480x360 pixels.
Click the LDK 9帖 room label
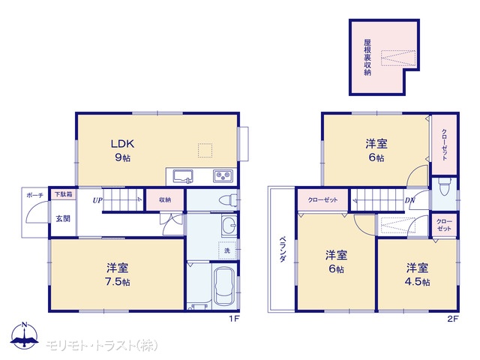click(x=122, y=150)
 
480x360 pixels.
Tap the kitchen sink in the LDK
click(x=183, y=176)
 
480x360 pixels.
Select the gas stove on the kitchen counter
click(x=223, y=176)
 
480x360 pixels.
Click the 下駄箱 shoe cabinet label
click(x=63, y=194)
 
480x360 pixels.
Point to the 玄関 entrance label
click(x=63, y=218)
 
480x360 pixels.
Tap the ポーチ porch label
click(x=35, y=195)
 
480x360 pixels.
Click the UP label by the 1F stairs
click(x=97, y=200)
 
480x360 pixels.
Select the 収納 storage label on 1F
click(x=165, y=200)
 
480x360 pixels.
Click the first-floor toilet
click(x=228, y=200)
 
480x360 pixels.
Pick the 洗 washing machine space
click(x=227, y=250)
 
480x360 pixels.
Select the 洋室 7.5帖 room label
click(x=118, y=274)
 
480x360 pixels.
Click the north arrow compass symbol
click(x=25, y=335)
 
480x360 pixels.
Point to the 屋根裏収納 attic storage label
click(x=367, y=57)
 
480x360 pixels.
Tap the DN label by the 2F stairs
click(x=410, y=200)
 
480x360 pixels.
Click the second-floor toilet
click(x=443, y=187)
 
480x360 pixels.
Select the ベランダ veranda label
click(x=283, y=249)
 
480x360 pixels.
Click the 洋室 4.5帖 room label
click(x=417, y=274)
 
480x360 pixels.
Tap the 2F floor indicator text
click(x=453, y=319)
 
